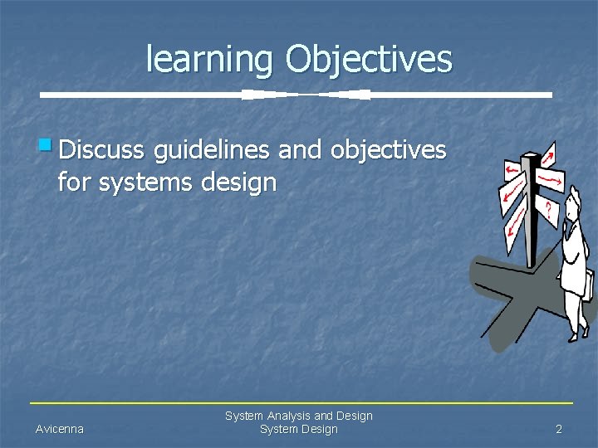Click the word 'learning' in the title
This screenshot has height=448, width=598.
(x=211, y=59)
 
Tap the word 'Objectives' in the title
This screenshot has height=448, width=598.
(x=369, y=59)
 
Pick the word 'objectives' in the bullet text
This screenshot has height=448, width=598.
(x=388, y=151)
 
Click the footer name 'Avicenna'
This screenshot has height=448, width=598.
(x=59, y=429)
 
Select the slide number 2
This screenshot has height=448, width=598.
(x=559, y=429)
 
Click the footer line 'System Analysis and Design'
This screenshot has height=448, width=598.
(x=299, y=416)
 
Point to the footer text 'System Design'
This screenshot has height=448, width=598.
(x=299, y=429)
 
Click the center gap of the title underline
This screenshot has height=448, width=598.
(x=306, y=95)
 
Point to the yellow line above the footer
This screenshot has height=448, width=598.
(x=299, y=403)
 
